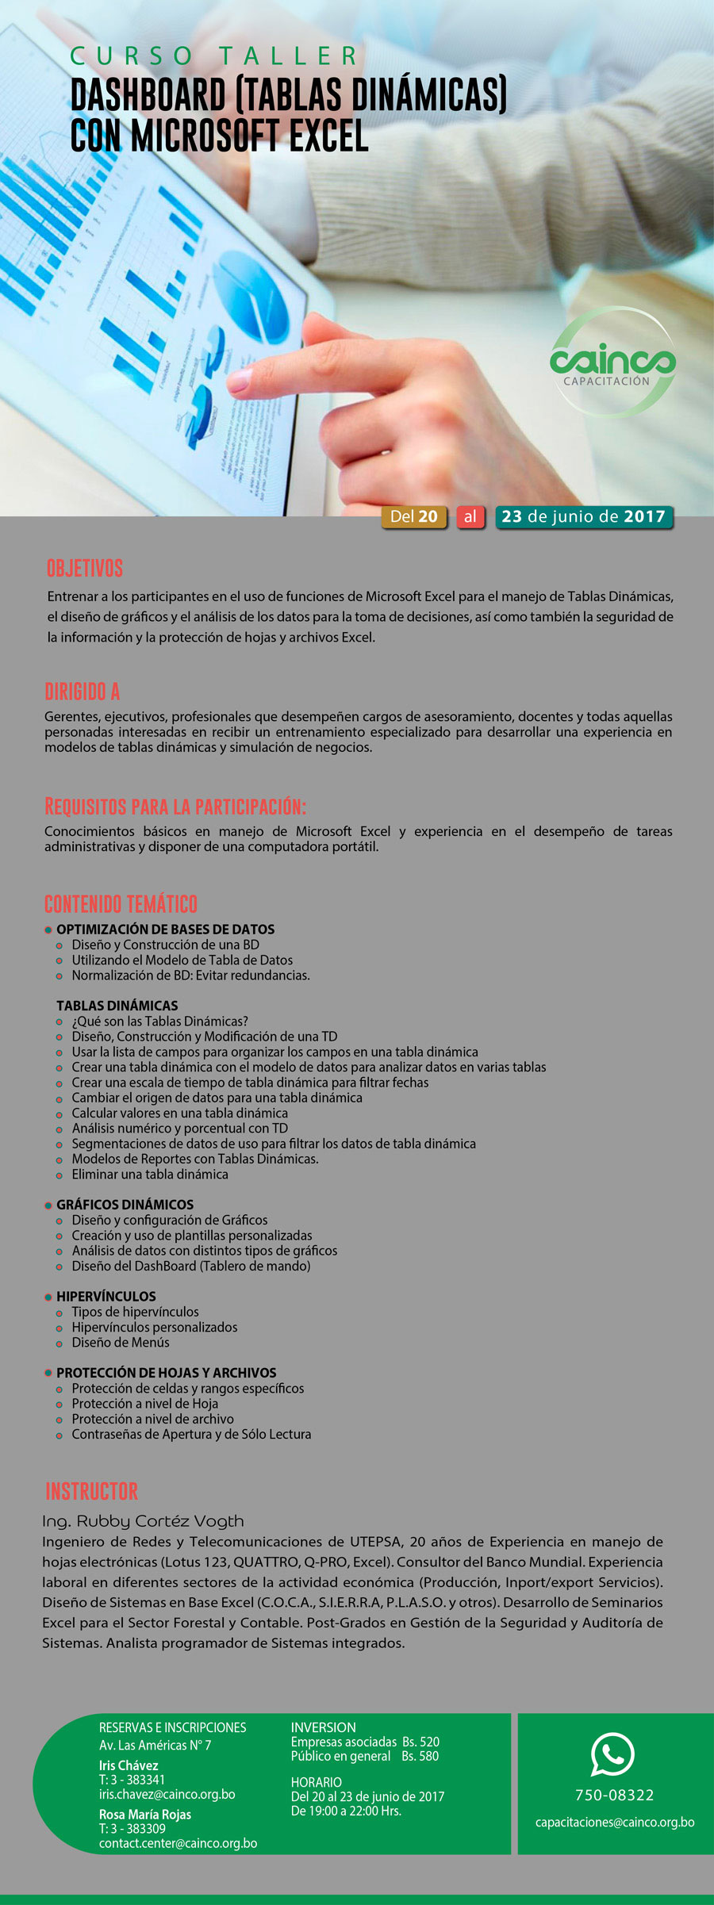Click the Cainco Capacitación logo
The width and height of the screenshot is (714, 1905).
[612, 363]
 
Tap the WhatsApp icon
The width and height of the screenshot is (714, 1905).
[612, 1754]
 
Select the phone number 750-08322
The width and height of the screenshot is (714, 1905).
[614, 1795]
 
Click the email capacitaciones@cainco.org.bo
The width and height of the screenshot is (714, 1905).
[615, 1822]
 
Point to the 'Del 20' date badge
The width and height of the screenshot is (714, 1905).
[413, 516]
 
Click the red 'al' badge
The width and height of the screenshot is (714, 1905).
[470, 516]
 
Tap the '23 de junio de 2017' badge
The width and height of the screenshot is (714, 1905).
[583, 516]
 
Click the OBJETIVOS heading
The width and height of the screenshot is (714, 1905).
[85, 568]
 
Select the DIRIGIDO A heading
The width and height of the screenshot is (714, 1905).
[83, 692]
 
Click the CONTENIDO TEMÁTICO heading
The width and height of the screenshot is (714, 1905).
[121, 903]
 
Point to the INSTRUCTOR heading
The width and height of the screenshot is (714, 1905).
[92, 1491]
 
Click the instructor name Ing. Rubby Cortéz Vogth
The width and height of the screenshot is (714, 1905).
[143, 1521]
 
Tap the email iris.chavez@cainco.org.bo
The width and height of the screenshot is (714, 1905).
[167, 1794]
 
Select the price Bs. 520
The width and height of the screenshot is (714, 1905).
[420, 1742]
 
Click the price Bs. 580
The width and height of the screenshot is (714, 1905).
[420, 1756]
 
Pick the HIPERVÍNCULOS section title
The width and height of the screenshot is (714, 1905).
[106, 1296]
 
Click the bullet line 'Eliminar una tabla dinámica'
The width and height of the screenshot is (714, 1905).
[150, 1174]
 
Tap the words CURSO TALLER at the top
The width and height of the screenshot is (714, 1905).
[214, 56]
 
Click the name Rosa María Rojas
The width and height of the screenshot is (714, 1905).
[145, 1814]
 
